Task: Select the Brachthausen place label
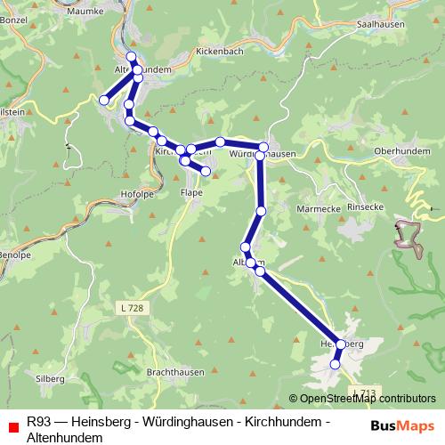point(175,372)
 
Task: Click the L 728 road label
point(129,307)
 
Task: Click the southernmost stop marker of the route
point(336,363)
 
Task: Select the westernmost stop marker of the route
point(104,101)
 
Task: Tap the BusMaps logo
point(402,425)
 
